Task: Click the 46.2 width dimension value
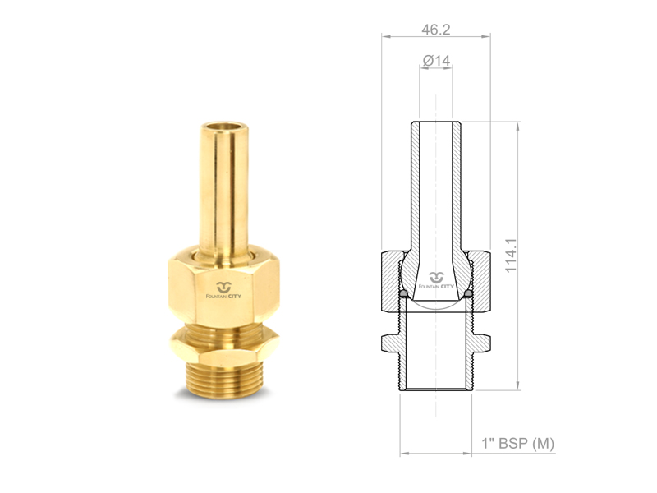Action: [x=436, y=30]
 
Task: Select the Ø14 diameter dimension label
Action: [x=436, y=61]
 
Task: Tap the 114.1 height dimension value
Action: [x=511, y=256]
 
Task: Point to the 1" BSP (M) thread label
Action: [x=517, y=443]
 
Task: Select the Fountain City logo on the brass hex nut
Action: [x=223, y=290]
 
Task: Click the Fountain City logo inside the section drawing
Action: [x=436, y=280]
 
